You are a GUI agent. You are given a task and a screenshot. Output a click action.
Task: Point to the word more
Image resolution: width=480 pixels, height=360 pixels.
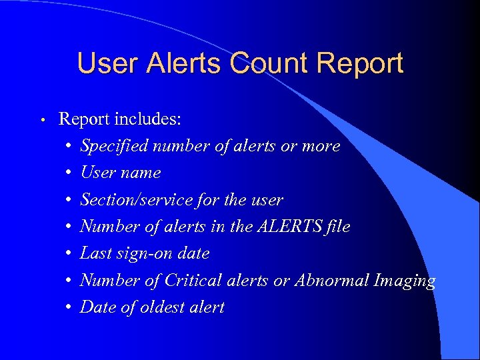(x=321, y=146)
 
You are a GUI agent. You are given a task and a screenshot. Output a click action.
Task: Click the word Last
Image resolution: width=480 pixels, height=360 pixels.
(x=94, y=253)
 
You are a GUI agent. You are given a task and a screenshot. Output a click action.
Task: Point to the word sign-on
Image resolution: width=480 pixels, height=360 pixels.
(x=137, y=254)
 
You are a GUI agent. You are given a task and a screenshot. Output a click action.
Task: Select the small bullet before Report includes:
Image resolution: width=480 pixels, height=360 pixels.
(x=41, y=121)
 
